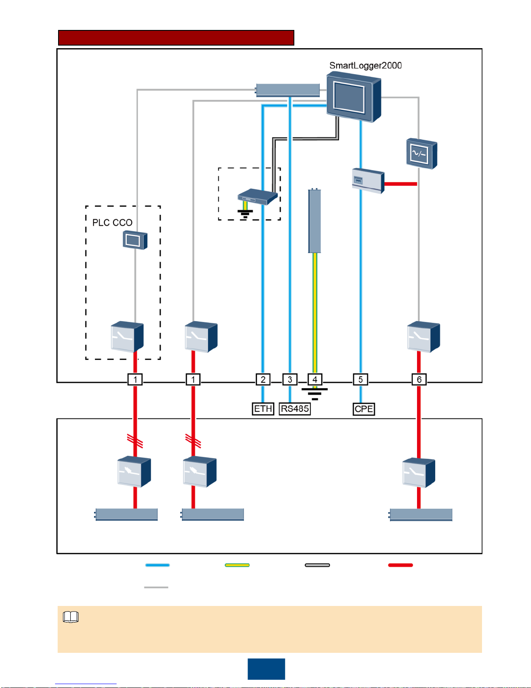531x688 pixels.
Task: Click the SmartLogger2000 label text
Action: tap(365, 66)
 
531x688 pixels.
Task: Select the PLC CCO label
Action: tap(112, 223)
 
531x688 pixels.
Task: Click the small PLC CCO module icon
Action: tap(135, 240)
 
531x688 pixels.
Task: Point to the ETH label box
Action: tap(263, 409)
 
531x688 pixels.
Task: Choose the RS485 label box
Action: tap(295, 409)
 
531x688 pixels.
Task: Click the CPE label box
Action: tap(364, 409)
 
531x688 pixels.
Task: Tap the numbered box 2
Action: tap(263, 379)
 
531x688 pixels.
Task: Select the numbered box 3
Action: tap(290, 379)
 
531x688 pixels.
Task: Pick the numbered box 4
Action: tap(315, 379)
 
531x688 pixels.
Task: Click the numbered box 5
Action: tap(361, 379)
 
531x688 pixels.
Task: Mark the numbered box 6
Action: tap(419, 379)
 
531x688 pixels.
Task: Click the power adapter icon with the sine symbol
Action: tap(421, 154)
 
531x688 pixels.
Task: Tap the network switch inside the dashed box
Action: tap(257, 197)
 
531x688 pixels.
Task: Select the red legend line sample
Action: tap(401, 565)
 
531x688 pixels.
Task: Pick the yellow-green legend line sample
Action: tap(237, 565)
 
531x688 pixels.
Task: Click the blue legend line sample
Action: tap(157, 565)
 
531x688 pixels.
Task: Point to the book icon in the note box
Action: tap(71, 617)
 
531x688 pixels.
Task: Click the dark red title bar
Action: tap(176, 38)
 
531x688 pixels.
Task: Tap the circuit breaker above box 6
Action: tap(423, 336)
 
